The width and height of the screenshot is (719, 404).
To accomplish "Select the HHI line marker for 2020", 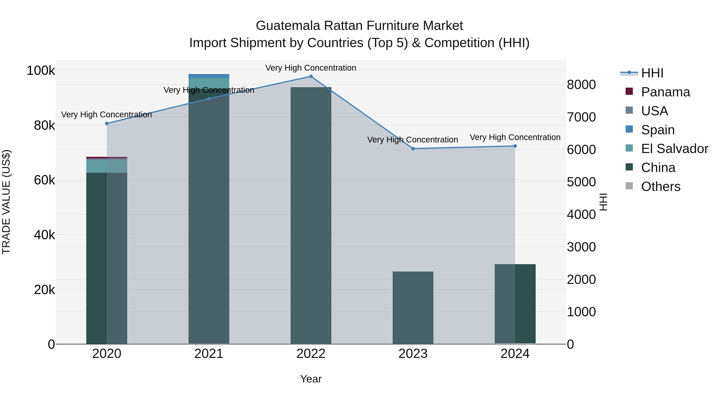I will pos(107,123).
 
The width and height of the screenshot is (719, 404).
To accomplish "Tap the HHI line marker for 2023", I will pos(413,149).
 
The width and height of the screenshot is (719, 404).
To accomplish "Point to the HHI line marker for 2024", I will pos(515,146).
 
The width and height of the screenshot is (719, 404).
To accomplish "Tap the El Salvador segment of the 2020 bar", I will pos(107,166).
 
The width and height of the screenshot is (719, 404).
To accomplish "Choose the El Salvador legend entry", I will pos(674,149).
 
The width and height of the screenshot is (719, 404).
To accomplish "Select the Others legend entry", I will pos(660,187).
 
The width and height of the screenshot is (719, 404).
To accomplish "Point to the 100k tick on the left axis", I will pos(41,71).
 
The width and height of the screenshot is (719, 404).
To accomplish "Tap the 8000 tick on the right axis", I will pos(581,85).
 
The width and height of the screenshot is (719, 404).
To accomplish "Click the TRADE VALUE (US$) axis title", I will pos(6,202).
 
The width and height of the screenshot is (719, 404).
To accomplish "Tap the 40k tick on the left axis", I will pos(44,235).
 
